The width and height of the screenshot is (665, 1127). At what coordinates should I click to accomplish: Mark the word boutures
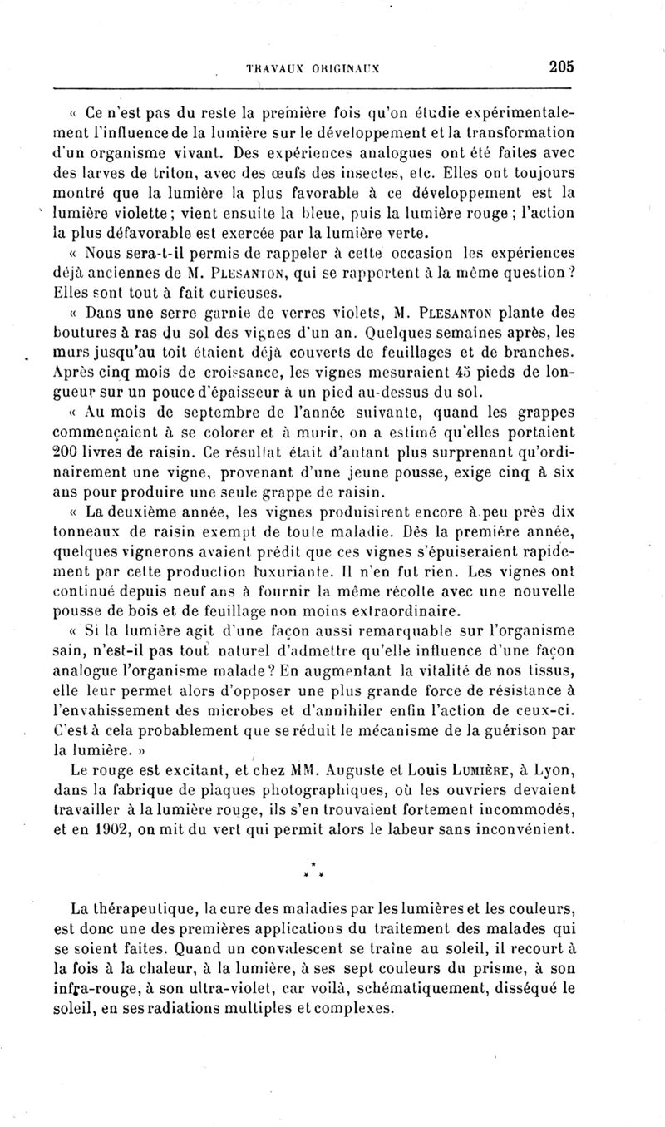pos(83,334)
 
